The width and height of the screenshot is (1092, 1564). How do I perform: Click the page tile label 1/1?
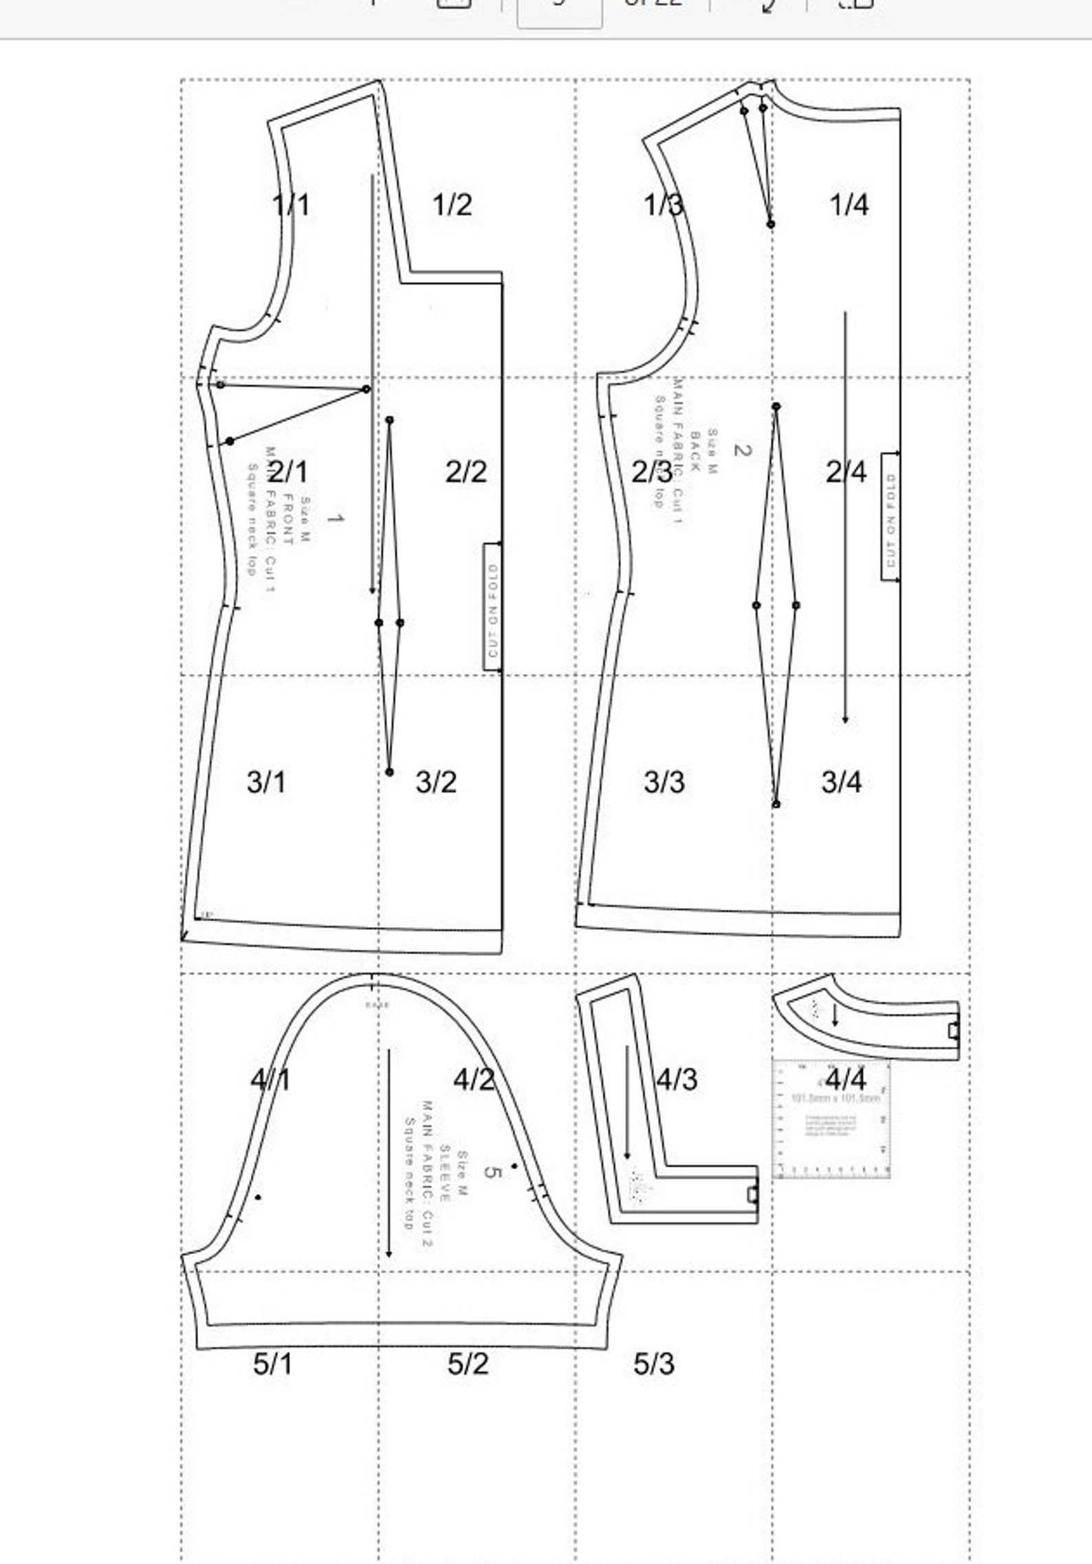(291, 204)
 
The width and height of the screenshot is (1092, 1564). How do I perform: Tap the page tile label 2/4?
(846, 472)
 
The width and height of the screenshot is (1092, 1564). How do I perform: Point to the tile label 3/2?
(436, 782)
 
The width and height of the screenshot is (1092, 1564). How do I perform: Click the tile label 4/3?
(677, 1079)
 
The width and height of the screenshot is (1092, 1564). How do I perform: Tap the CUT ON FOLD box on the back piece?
(890, 516)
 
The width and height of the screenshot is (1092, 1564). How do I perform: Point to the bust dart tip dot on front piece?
(366, 389)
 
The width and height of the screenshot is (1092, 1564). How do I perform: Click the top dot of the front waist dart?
(389, 420)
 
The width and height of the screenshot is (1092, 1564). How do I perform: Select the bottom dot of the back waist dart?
(776, 804)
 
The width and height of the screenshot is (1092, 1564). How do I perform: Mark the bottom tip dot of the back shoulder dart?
(770, 224)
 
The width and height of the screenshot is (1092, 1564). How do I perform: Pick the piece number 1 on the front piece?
(335, 518)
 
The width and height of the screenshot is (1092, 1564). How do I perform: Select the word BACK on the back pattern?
(695, 450)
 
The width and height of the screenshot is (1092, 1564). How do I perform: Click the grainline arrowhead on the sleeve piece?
(389, 1252)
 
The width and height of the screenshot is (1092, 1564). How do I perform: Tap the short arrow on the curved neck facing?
(835, 1015)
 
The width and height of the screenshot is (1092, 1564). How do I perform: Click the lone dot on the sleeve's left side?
(258, 1197)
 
